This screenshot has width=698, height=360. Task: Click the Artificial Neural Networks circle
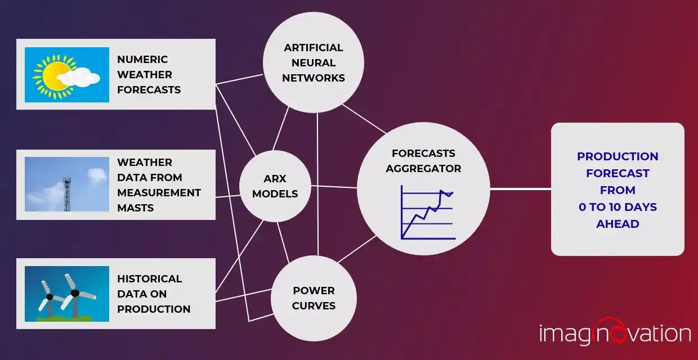click(x=314, y=62)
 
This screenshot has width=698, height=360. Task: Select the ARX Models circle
click(x=275, y=186)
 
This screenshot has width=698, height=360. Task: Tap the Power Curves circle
click(x=314, y=298)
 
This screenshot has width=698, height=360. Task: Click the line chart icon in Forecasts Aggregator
click(x=427, y=213)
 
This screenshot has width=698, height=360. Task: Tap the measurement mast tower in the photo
click(x=68, y=193)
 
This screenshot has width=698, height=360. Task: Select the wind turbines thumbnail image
click(x=67, y=294)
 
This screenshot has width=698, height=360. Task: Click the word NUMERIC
click(x=142, y=60)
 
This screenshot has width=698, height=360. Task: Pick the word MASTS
click(x=136, y=208)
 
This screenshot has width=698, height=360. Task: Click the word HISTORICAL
click(x=149, y=279)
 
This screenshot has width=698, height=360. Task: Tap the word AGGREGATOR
click(x=423, y=168)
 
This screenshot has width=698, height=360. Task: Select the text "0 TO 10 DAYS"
click(x=618, y=207)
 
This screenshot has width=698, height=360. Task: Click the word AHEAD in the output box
click(x=618, y=224)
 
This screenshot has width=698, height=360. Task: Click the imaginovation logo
click(x=615, y=334)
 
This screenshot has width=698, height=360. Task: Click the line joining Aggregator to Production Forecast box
click(x=520, y=189)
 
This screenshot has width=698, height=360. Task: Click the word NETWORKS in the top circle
click(x=314, y=78)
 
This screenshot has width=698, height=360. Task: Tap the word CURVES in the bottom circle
click(x=314, y=306)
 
